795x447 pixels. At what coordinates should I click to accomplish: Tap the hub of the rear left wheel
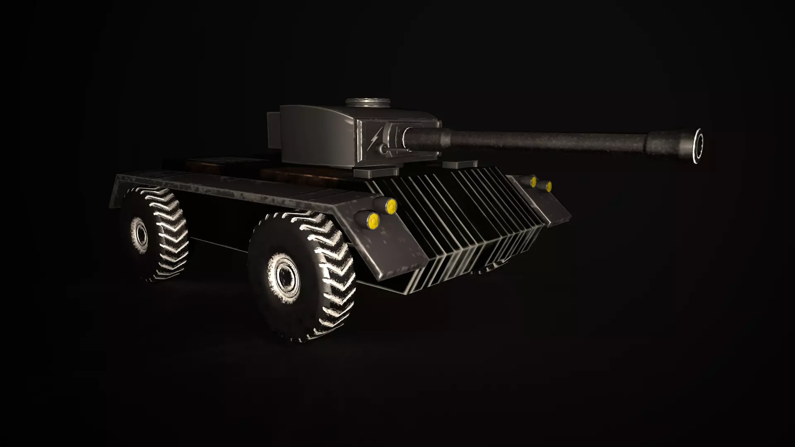point(141,234)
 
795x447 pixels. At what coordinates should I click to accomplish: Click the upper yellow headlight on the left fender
point(391,205)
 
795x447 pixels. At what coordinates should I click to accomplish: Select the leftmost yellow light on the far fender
point(533,181)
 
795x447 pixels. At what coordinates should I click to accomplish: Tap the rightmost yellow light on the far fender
point(548,187)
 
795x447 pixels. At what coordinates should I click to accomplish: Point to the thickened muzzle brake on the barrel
point(667,143)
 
